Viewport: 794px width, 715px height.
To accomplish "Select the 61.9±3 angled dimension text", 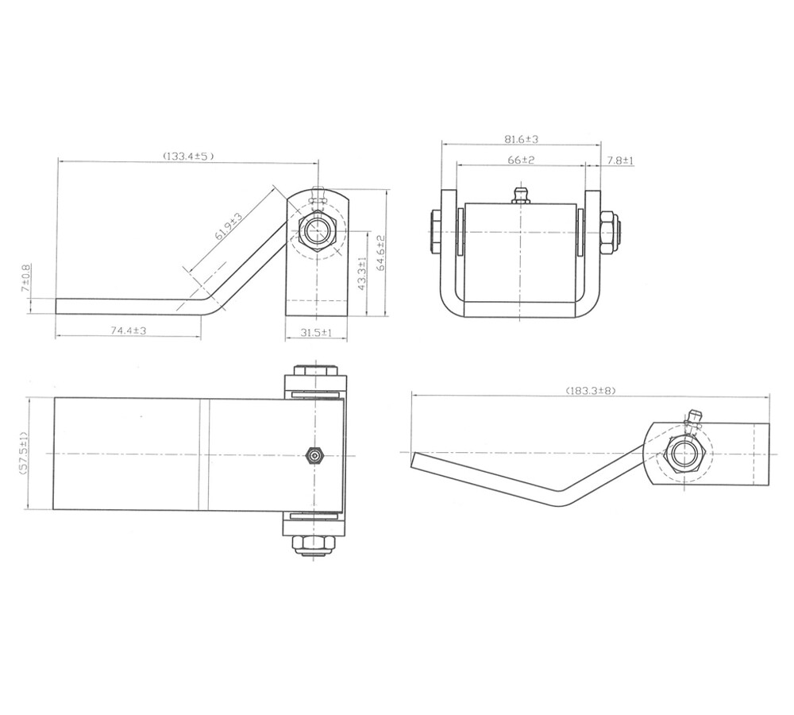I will pos(230,227).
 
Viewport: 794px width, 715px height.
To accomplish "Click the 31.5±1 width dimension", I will pos(317,333).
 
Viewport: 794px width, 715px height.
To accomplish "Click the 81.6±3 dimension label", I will pos(522,139).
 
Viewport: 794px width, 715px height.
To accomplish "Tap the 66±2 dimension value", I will pos(521,160).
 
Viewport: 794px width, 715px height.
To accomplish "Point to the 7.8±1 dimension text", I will pos(620,160).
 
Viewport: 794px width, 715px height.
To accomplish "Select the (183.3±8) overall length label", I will pos(591,390).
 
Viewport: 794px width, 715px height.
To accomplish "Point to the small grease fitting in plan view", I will pos(314,454).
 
